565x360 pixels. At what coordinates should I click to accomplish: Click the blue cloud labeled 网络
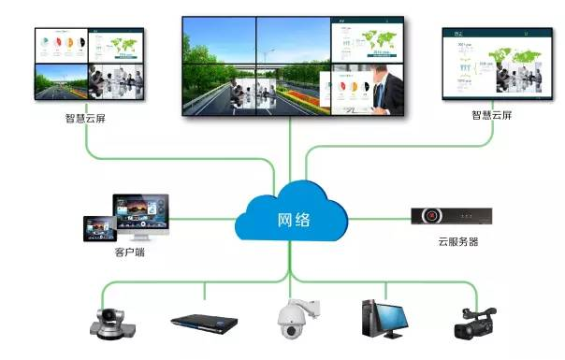(x=291, y=221)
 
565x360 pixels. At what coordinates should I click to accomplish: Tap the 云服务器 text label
(x=457, y=242)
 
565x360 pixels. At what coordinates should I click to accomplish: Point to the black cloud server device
(x=451, y=216)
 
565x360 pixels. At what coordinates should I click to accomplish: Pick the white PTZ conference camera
(x=113, y=319)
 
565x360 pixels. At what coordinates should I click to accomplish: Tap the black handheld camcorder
(x=474, y=321)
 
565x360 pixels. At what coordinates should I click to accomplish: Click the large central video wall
(x=293, y=65)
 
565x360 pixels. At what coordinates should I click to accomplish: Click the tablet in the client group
(x=99, y=229)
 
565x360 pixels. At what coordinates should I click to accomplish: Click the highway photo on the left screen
(x=61, y=81)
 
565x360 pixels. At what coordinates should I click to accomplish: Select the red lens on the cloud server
(x=431, y=216)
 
